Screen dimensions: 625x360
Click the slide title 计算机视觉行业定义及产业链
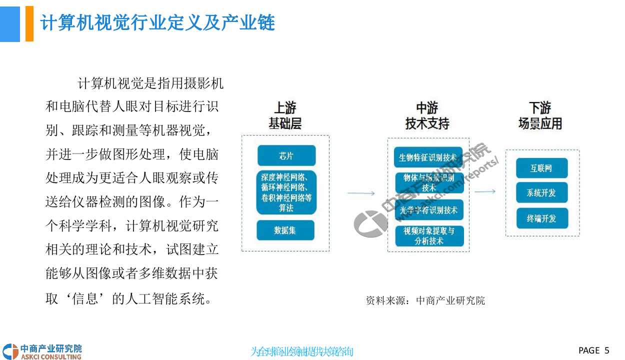[x=157, y=23]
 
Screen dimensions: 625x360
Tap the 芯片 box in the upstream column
[x=286, y=155]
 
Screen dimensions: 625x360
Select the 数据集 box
[x=285, y=230]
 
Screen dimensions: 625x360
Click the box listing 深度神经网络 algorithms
[x=287, y=192]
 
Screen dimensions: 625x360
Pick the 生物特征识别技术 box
[x=428, y=157]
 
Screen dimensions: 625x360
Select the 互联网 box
[x=542, y=168]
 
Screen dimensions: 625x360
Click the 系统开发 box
[x=542, y=192]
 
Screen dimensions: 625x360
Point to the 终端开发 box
[x=542, y=218]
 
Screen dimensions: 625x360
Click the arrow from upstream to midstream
[x=360, y=193]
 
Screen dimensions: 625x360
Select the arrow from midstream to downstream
[x=484, y=191]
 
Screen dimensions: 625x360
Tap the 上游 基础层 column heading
[x=285, y=116]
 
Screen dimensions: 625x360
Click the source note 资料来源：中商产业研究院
[x=425, y=300]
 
